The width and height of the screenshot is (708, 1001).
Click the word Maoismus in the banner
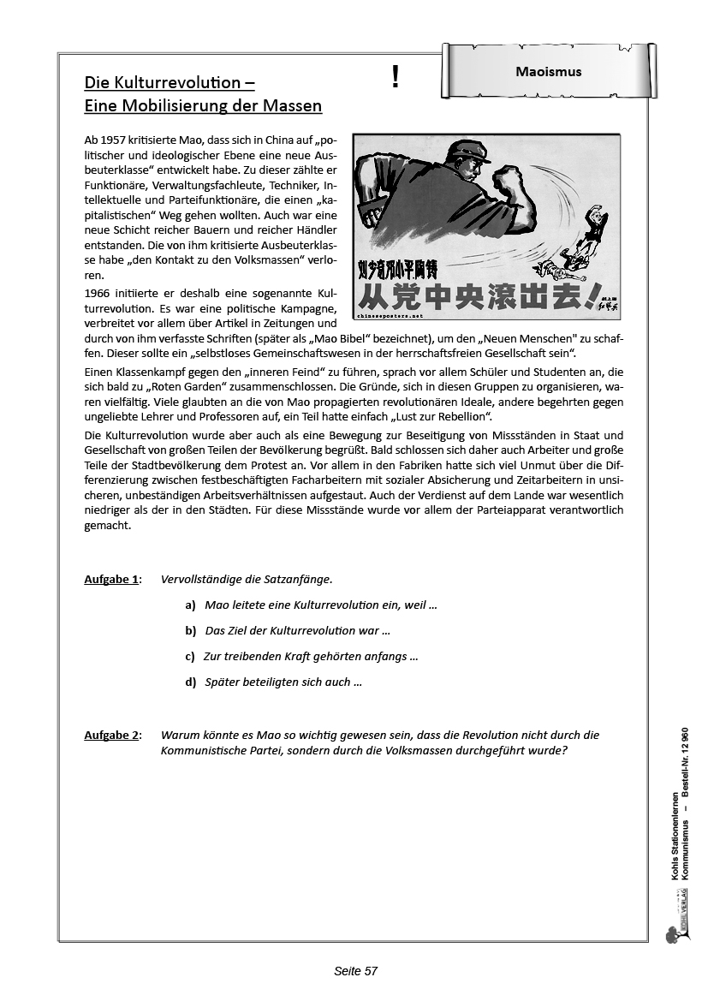(549, 72)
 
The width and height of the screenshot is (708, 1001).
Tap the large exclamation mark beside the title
(395, 78)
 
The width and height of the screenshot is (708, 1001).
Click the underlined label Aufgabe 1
(112, 580)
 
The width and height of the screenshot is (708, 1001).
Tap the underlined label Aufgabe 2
(112, 735)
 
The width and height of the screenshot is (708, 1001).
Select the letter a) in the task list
(190, 605)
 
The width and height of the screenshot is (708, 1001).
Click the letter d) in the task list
(190, 682)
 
